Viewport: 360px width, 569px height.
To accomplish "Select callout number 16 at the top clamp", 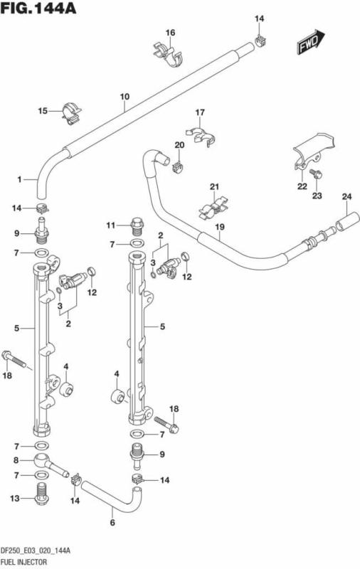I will [170, 33].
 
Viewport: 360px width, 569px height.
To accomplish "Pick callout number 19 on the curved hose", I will [220, 227].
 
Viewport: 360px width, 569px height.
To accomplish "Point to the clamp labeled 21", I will [213, 208].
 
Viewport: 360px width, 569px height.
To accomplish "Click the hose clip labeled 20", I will [179, 166].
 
